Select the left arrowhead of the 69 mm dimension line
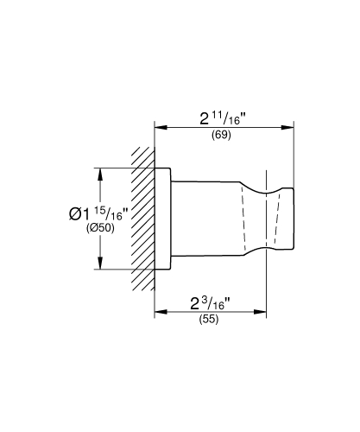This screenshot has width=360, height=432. [159, 126]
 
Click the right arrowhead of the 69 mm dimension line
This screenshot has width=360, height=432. [290, 126]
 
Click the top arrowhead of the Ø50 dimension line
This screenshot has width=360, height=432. [103, 172]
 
